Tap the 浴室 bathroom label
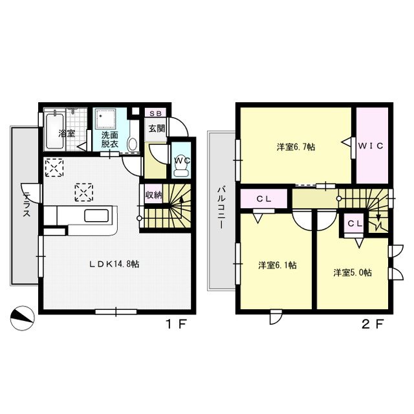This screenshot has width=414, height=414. coord(66,133)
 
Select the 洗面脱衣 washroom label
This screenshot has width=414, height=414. coord(109,140)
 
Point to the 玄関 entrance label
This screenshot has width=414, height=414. coord(156,129)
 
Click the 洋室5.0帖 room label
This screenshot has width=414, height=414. coord(352,272)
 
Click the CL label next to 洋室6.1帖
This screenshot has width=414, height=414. coord(263,199)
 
